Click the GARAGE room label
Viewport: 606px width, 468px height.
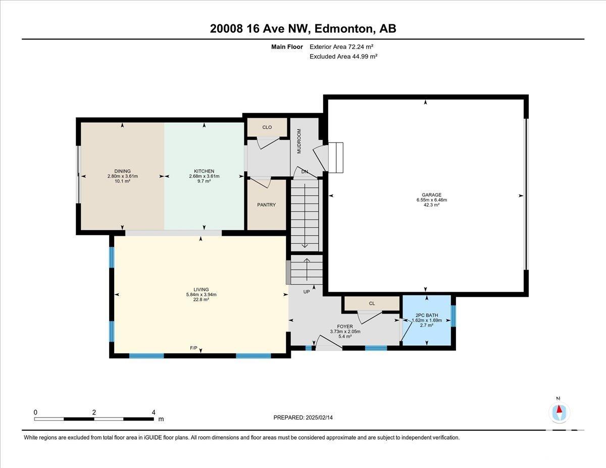(431, 195)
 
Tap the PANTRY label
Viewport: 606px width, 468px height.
(266, 205)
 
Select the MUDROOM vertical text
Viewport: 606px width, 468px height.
(299, 141)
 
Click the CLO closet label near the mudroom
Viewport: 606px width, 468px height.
(267, 127)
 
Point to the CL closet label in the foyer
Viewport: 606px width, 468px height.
(372, 303)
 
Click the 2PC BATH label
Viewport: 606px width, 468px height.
(427, 315)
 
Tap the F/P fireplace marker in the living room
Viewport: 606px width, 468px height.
(193, 348)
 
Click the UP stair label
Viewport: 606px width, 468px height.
(307, 292)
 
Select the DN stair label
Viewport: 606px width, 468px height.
(305, 172)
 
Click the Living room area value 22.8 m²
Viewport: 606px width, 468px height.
(201, 300)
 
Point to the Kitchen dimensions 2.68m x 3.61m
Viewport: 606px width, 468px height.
(204, 176)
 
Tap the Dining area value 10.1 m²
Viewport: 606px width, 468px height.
(123, 181)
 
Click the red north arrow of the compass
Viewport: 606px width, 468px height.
(559, 409)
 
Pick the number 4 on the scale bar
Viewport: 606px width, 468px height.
(154, 412)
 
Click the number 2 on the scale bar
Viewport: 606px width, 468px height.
(94, 412)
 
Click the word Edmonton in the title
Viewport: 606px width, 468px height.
(344, 29)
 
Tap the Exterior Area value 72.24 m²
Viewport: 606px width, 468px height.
(360, 47)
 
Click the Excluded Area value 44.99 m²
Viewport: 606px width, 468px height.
(365, 57)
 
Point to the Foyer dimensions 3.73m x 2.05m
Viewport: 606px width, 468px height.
(345, 331)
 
